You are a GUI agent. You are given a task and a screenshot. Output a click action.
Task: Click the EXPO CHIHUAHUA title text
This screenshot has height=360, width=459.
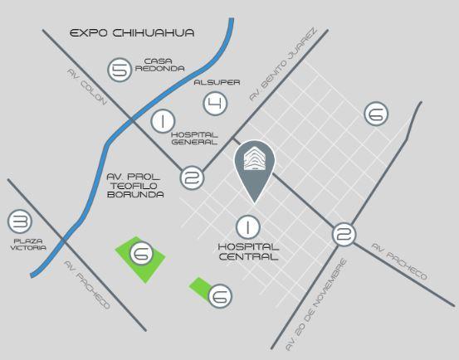click(x=132, y=32)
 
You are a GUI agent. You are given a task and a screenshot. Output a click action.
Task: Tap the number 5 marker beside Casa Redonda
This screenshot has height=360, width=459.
click(x=120, y=70)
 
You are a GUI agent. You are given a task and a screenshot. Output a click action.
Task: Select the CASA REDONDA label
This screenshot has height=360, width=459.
click(x=160, y=65)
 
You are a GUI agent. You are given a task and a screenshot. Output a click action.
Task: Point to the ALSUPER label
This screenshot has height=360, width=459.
click(x=217, y=82)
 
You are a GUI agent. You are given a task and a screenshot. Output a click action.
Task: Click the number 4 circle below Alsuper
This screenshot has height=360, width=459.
click(x=215, y=104)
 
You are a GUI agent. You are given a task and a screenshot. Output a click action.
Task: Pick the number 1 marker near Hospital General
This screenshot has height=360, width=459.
click(x=163, y=121)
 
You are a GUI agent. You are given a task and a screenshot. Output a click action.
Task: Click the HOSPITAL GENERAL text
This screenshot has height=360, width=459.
click(x=194, y=139)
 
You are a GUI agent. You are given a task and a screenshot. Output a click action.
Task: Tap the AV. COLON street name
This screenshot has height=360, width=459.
click(x=87, y=87)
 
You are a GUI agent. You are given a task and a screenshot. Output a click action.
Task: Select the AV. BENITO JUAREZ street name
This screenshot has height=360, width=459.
click(x=283, y=64)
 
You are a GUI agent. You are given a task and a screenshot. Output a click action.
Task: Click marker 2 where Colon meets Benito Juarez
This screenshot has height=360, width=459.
click(x=192, y=178)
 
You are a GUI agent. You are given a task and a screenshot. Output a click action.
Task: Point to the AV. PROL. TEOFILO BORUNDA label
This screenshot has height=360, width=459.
click(x=135, y=186)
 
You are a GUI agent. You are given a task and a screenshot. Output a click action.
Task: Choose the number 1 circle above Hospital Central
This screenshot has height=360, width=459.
click(x=248, y=227)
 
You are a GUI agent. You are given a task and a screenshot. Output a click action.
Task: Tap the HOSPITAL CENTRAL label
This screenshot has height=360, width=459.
click(x=248, y=251)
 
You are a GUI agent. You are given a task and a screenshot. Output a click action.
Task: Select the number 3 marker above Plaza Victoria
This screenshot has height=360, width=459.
click(x=20, y=221)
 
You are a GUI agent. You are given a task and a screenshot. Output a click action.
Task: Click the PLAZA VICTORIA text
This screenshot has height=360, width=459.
click(x=28, y=245)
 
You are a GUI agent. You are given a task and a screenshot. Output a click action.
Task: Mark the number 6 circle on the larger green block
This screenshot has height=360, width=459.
click(x=141, y=253)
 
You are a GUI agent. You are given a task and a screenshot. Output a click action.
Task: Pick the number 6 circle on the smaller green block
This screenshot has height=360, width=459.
click(x=220, y=296)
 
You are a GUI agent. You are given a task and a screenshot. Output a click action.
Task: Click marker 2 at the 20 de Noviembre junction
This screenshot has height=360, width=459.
click(x=344, y=234)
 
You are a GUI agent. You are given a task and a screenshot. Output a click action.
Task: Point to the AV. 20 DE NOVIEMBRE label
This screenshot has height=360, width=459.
click(x=316, y=304)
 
